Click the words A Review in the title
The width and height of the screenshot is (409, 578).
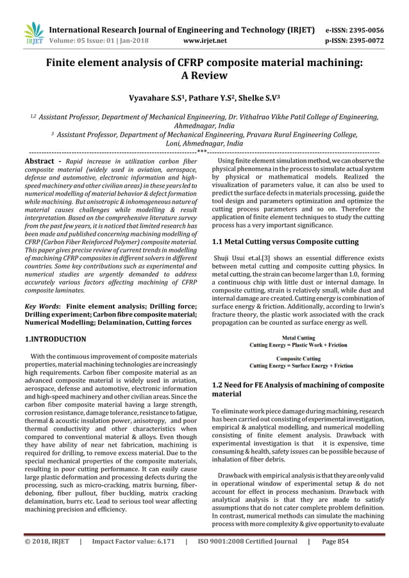(204, 76)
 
